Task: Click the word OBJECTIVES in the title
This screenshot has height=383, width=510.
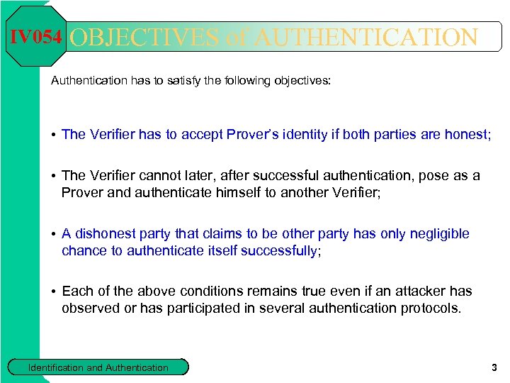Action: pyautogui.click(x=144, y=38)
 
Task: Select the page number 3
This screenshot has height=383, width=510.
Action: pyautogui.click(x=494, y=367)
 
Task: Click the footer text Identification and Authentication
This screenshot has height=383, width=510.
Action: pyautogui.click(x=98, y=367)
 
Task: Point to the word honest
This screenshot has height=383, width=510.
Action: pyautogui.click(x=448, y=134)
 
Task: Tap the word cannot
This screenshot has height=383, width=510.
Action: pyautogui.click(x=161, y=176)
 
